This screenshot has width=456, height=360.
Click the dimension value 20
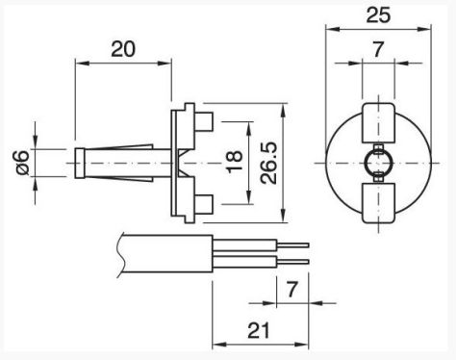123,49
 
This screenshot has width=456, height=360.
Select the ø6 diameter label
22,163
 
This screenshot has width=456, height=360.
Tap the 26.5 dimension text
268,163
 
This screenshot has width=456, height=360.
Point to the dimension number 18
235,163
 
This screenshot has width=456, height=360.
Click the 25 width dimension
378,14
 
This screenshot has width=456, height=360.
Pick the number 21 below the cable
259,330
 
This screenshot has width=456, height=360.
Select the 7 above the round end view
378,50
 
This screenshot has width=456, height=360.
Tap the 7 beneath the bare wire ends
291,289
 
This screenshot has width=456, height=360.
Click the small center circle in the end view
378,163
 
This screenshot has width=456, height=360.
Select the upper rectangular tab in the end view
378,123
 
